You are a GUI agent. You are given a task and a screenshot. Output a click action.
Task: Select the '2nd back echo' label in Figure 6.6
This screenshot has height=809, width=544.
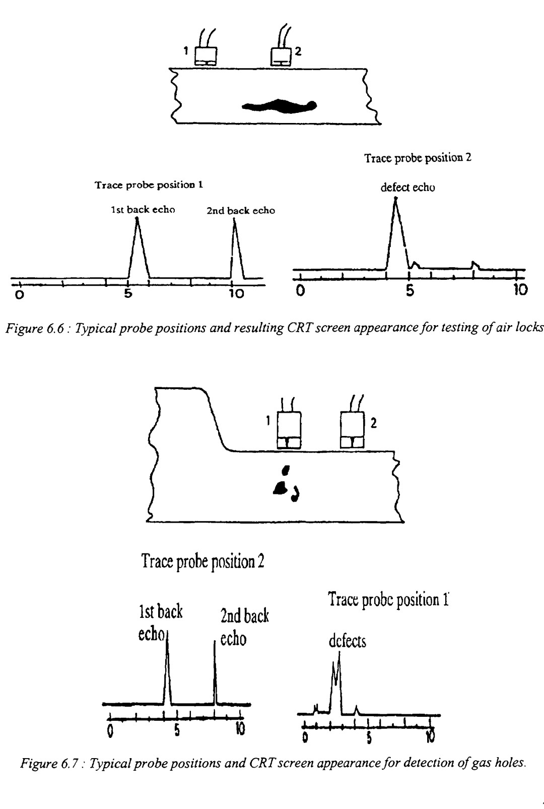coord(241,211)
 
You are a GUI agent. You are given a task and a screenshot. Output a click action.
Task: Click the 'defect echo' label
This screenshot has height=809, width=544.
coord(408,188)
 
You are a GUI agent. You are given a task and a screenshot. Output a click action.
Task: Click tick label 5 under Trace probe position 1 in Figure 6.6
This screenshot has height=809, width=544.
coord(128,293)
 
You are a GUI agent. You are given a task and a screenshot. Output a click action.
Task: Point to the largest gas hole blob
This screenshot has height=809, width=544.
coord(280,487)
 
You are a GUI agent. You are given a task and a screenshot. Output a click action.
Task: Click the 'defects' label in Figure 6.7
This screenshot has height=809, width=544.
coord(347,641)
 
